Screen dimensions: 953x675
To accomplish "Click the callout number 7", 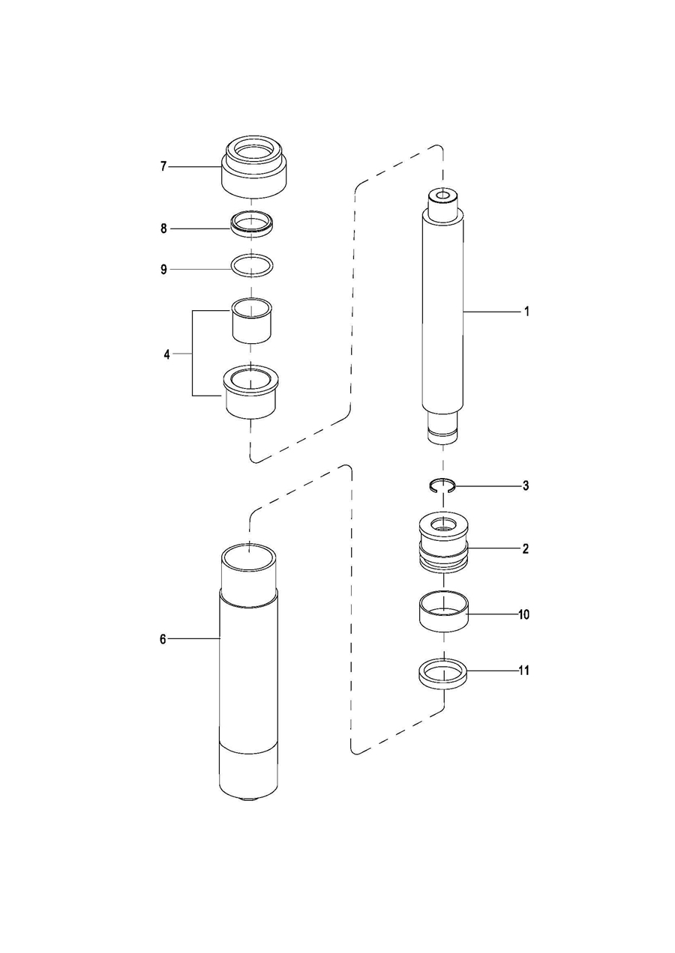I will tap(163, 166).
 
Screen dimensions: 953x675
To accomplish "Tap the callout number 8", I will tap(163, 228).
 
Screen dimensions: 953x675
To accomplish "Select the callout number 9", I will tap(163, 269).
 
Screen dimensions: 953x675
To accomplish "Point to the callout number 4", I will tap(167, 354).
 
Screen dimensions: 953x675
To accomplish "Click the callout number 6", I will tap(162, 639).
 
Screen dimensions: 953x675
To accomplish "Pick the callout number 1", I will tap(526, 311).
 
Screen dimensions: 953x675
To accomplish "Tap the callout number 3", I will tap(526, 486).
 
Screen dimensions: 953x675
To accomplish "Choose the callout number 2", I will tap(526, 549).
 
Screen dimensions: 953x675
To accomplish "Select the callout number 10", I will tap(524, 614).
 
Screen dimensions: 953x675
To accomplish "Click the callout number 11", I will tap(524, 671).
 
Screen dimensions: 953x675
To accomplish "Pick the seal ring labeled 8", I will tap(251, 224).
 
